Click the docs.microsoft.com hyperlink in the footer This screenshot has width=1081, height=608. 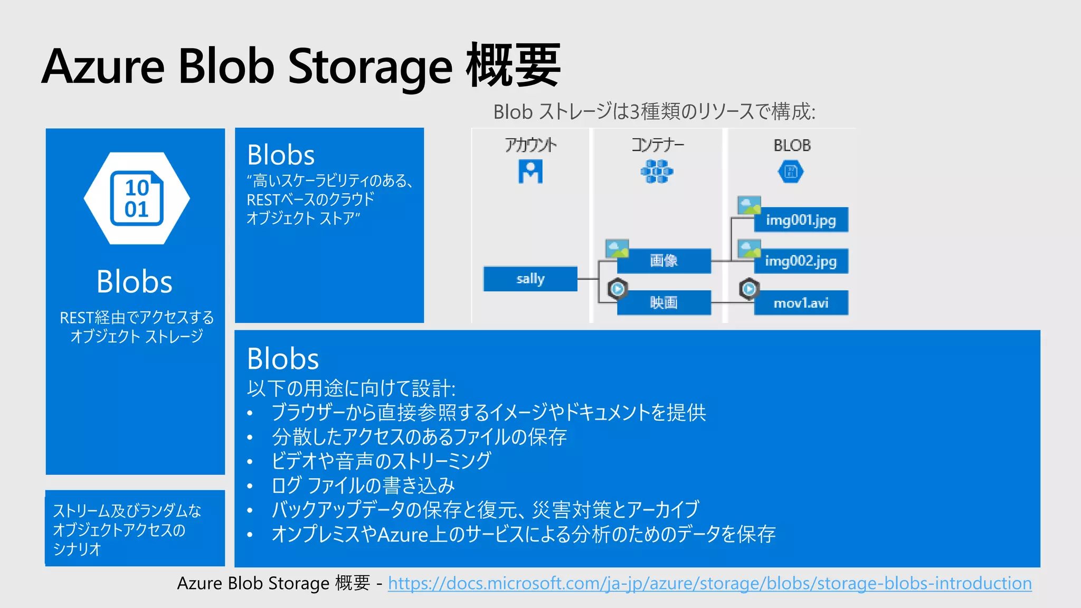click(x=709, y=583)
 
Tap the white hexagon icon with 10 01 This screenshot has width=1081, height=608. click(x=137, y=198)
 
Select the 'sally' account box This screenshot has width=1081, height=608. click(x=530, y=279)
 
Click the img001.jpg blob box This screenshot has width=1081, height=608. click(x=801, y=220)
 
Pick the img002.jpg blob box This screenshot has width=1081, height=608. click(x=801, y=261)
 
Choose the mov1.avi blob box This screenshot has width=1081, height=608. click(x=801, y=303)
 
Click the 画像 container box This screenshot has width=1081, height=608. click(x=663, y=261)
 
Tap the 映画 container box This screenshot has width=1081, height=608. click(x=663, y=303)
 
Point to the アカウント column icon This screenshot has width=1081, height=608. click(x=530, y=172)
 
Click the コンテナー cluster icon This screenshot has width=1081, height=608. click(x=657, y=172)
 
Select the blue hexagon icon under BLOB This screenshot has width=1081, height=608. click(x=791, y=172)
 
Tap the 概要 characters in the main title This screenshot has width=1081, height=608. click(x=513, y=66)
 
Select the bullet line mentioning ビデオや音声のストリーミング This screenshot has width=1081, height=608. click(x=381, y=461)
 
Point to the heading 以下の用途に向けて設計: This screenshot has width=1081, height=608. click(x=351, y=388)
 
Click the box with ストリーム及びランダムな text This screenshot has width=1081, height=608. click(x=135, y=528)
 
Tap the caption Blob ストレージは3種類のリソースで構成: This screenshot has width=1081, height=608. click(x=654, y=112)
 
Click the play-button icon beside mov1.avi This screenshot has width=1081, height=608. click(x=748, y=289)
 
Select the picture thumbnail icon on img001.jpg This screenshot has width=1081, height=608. click(x=748, y=205)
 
